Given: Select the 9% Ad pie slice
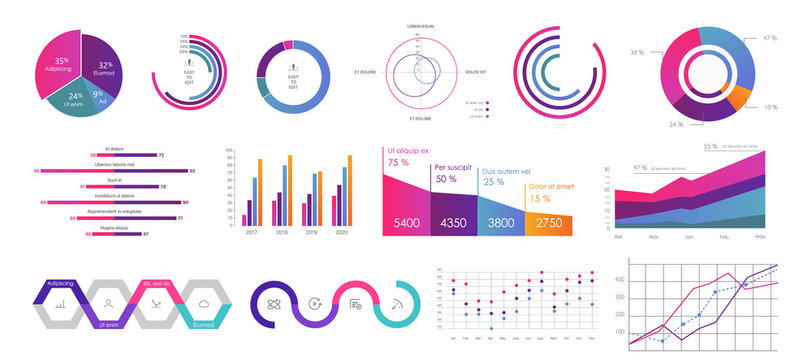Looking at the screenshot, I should coord(100,98).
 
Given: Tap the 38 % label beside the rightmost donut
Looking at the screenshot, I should coord(636,51).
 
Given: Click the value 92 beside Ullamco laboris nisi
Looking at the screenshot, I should coord(192,171).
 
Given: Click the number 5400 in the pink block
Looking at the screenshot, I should coord(406,222).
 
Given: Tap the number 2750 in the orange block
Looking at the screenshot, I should coord(549,223).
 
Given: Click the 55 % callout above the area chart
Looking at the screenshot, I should coord(711,147).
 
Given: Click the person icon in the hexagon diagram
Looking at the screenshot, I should coord(108,302).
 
